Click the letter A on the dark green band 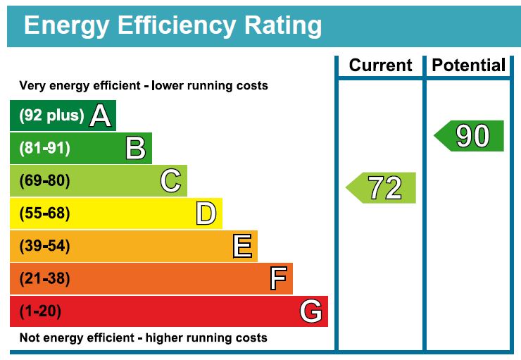point(101,116)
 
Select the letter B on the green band point(135,149)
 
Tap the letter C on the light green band point(170,181)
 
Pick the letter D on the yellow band point(206,213)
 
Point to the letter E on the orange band point(241,247)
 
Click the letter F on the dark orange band point(278,279)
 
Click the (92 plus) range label point(51,116)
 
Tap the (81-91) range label point(44,149)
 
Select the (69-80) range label point(44,181)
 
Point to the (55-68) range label point(44,213)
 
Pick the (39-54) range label point(44,247)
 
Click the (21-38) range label point(44,279)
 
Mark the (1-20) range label point(40,311)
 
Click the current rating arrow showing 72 point(382,188)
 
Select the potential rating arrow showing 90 point(470,136)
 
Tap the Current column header point(380,66)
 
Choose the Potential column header point(469,66)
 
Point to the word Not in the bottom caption point(30,337)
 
